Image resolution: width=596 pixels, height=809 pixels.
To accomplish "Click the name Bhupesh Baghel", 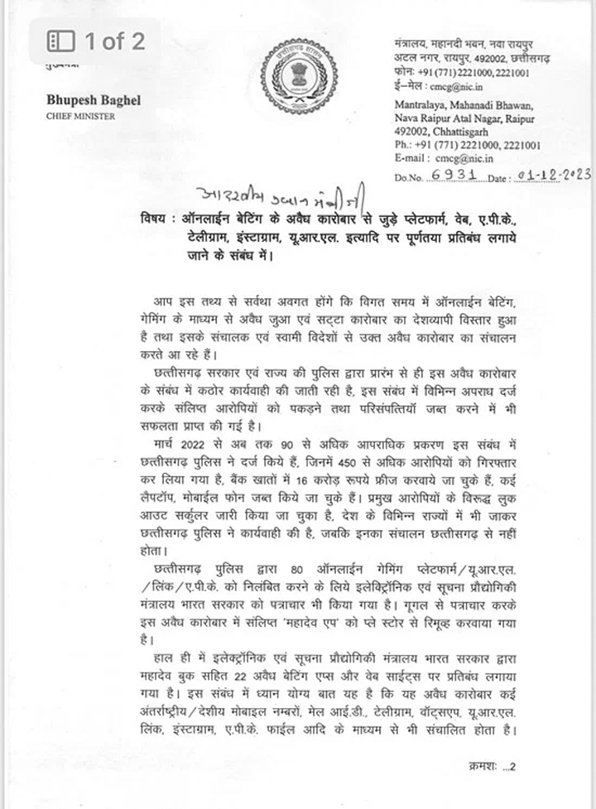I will pyautogui.click(x=94, y=100).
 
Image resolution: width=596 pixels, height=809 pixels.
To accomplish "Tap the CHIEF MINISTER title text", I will pyautogui.click(x=80, y=117).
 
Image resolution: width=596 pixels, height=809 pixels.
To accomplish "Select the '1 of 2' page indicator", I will pyautogui.click(x=98, y=40).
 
